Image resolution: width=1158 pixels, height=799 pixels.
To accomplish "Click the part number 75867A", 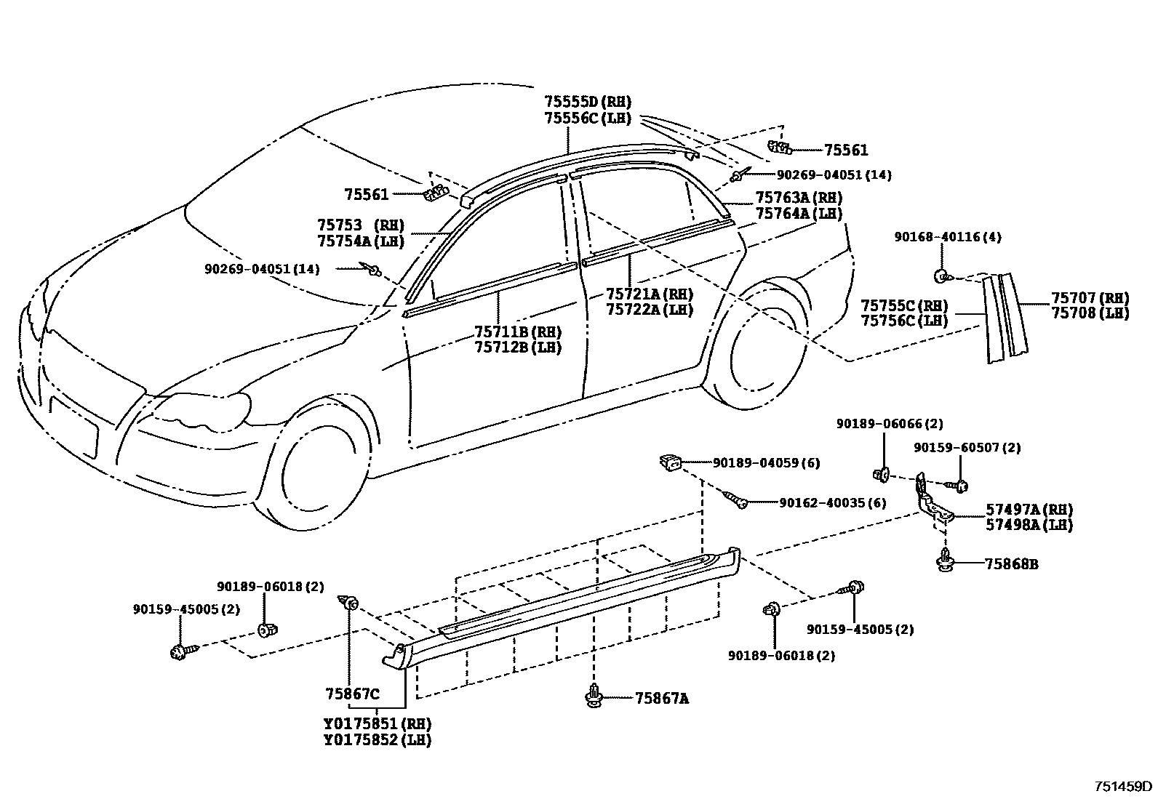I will tap(661, 699).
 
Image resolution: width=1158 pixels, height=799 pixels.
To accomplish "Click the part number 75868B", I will tap(1011, 563).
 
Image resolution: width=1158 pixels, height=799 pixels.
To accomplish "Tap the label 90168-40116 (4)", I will tap(948, 237).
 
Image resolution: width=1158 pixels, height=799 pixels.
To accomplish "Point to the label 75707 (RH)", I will tap(1090, 298).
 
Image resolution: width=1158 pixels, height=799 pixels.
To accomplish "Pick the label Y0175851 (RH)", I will tap(378, 725).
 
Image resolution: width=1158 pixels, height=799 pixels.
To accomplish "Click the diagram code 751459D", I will tap(1124, 786).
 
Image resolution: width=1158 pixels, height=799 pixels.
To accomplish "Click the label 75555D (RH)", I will tap(588, 102).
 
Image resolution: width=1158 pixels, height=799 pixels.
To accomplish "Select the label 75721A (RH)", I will tap(650, 294).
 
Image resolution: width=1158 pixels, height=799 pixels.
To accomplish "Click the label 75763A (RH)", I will tap(799, 198).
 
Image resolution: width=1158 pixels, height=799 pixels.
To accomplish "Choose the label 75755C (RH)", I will tap(904, 305).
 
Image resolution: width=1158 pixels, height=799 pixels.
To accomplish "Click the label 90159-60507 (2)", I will tap(967, 448).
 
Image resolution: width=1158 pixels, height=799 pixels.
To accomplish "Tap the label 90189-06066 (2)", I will tap(889, 424).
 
